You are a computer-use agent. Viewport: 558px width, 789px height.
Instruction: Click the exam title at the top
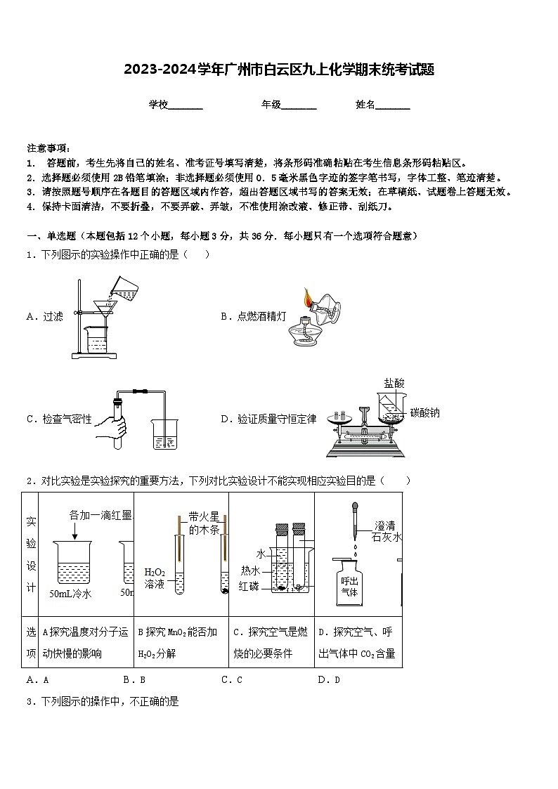279,70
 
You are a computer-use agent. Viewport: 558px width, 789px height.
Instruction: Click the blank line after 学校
186,105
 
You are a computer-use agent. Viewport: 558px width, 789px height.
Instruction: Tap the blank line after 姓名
394,105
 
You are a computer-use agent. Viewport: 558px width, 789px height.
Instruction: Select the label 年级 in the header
271,105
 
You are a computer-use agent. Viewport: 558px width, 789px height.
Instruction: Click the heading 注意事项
48,148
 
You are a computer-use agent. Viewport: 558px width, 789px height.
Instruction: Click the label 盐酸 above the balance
394,384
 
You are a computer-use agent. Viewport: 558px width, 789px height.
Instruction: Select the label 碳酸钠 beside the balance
425,413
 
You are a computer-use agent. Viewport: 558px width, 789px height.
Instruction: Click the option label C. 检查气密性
59,419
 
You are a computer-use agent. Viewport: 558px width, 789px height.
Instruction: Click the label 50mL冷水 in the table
71,594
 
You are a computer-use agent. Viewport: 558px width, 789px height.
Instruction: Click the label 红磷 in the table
249,586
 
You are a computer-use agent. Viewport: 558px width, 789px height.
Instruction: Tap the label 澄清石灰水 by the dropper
387,531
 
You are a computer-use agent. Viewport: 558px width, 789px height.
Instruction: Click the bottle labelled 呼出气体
349,585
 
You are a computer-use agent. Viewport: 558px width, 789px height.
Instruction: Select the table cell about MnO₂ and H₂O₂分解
181,643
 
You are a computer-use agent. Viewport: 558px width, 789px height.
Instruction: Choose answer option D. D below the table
329,679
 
